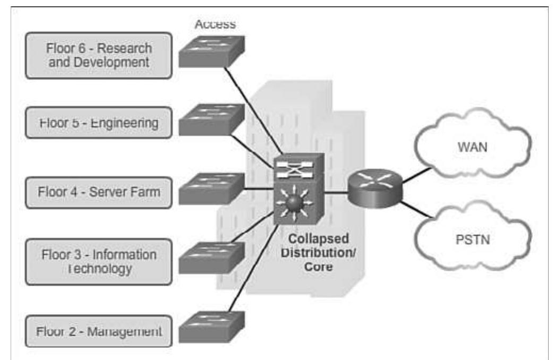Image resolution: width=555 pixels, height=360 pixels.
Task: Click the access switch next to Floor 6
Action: (x=211, y=51)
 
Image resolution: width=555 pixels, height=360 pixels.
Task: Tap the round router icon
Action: (x=375, y=186)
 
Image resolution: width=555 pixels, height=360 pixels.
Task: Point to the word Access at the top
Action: (x=215, y=24)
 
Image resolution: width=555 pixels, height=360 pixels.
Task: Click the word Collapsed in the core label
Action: (x=319, y=237)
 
